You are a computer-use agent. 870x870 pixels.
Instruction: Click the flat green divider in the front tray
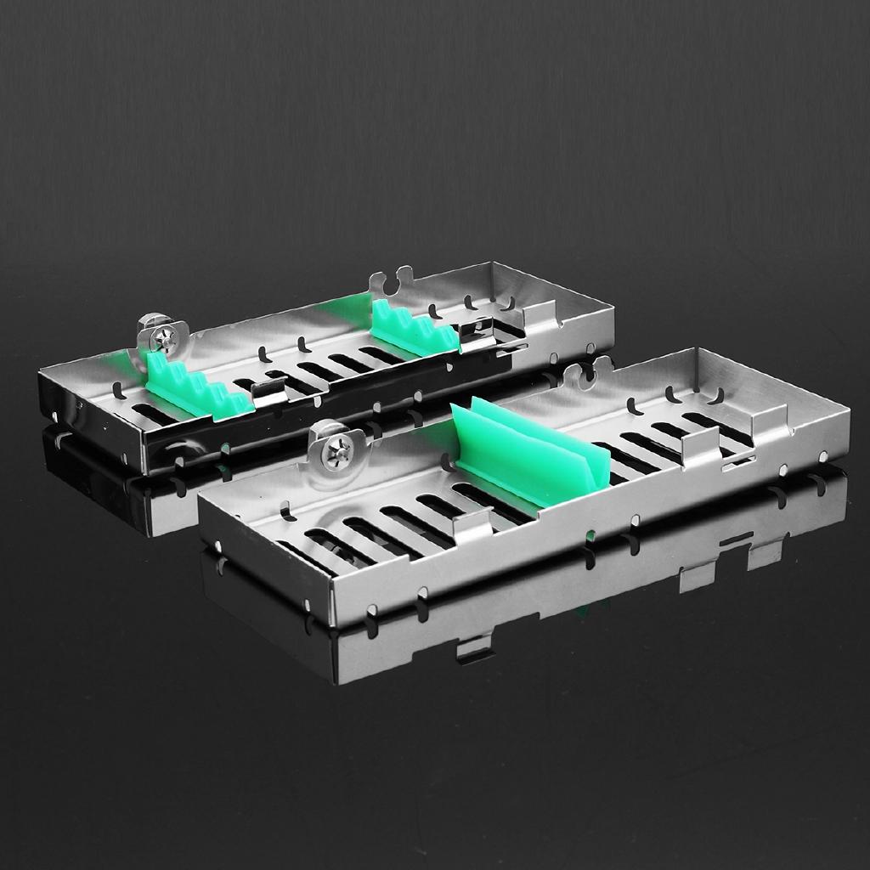pos(531,459)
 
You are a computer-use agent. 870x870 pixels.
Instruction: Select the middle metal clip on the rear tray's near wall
pos(270,393)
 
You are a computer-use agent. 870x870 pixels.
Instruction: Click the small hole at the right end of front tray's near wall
pos(822,456)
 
